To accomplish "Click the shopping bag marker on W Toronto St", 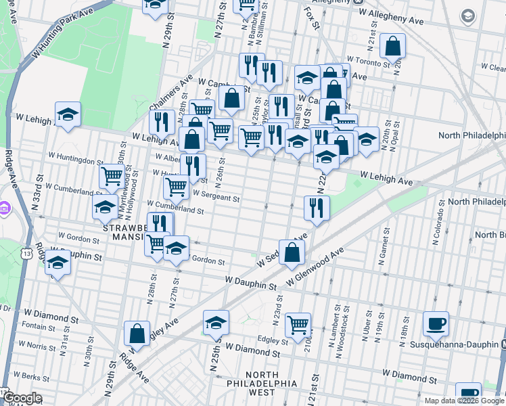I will coord(393,47).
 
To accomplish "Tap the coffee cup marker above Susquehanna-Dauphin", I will coord(436,323).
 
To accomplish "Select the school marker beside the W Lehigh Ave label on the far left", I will coord(68,115).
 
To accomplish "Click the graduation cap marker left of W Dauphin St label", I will coord(58,263).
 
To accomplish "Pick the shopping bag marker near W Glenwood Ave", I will coord(292,253).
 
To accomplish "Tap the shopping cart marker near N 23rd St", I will coord(298,325).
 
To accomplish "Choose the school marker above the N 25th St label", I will coord(216,324).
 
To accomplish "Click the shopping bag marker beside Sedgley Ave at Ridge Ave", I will coord(137,333).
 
